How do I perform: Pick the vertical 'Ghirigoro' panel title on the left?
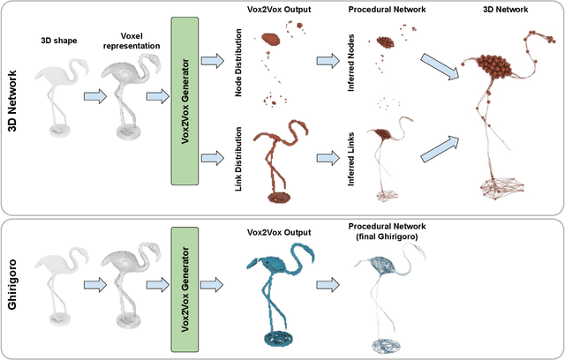tap(14, 288)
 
